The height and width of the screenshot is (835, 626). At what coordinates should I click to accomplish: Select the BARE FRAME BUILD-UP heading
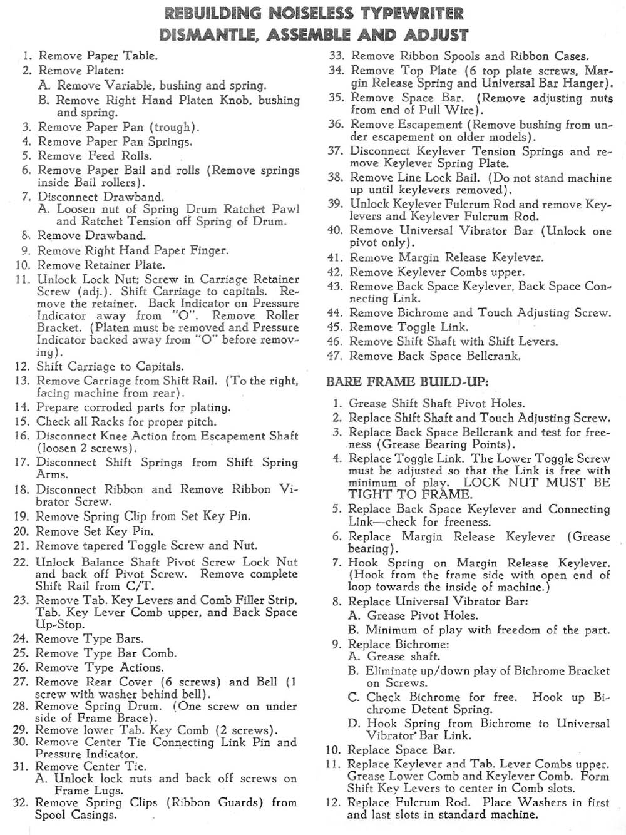coord(406,381)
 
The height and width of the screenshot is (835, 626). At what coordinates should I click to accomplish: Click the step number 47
coord(335,356)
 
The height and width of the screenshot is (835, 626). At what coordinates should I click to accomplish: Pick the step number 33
coord(337,56)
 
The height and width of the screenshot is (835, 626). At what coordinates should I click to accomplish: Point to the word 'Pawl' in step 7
coord(285,209)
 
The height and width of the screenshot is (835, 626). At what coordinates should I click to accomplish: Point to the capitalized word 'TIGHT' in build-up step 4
coord(366,494)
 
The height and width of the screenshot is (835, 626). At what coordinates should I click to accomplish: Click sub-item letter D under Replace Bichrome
coord(354,724)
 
